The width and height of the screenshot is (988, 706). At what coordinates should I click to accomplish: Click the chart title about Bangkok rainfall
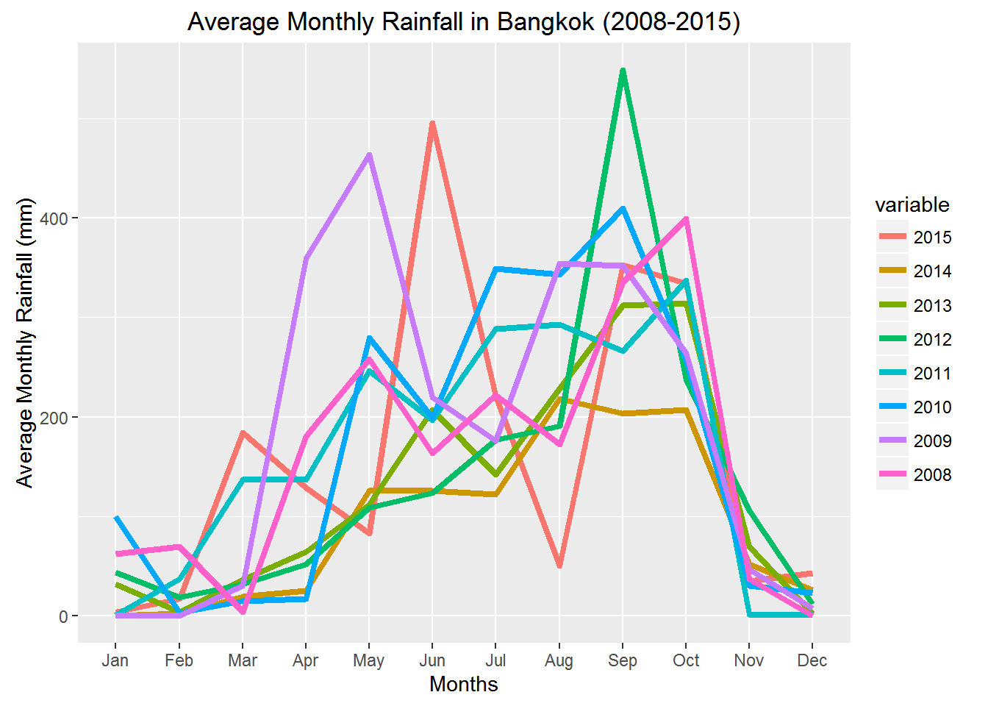(463, 21)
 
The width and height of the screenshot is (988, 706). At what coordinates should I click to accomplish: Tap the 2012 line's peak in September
(623, 71)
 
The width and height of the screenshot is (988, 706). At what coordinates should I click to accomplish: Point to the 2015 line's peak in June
(432, 124)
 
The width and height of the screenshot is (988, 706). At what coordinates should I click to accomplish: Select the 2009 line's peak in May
(369, 154)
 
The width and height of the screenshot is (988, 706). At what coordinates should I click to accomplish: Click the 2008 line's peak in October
(686, 218)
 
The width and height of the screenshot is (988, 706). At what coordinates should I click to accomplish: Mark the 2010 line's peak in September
(623, 209)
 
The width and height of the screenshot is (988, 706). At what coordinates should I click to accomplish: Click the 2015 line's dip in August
(559, 566)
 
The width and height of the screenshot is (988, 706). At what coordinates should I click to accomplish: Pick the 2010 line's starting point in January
(116, 518)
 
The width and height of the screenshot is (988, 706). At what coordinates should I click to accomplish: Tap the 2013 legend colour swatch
(891, 305)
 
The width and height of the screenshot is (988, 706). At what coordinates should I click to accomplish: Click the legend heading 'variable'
(912, 204)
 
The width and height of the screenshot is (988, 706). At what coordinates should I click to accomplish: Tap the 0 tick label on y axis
(64, 616)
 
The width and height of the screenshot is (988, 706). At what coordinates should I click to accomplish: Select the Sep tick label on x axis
(623, 660)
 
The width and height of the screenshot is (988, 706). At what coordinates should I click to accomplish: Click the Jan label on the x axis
(115, 660)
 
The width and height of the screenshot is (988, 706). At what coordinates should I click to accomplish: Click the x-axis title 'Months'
(464, 684)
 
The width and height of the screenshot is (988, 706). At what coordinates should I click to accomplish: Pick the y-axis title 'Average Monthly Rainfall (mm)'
(26, 343)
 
